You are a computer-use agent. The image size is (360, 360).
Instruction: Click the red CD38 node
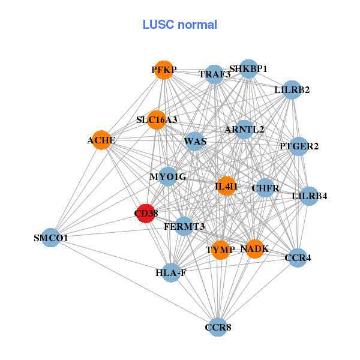pos(146,213)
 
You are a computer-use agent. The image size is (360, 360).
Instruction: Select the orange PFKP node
pos(163,70)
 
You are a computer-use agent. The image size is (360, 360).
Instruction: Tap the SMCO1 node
pos(51,238)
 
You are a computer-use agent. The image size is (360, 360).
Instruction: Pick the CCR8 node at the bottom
pos(218,327)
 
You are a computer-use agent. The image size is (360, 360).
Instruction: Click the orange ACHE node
pos(101,140)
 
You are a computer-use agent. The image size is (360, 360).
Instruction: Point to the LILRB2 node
pos(292,90)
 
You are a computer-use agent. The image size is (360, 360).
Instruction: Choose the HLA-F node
pos(171,273)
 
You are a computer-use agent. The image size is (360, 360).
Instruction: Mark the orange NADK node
pos(255,248)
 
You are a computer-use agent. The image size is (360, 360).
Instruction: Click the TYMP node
pos(221,250)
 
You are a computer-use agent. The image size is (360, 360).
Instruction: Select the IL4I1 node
pos(226,187)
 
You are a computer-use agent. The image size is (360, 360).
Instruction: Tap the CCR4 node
pos(298,258)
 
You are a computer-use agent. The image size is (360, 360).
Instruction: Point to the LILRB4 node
pos(309,196)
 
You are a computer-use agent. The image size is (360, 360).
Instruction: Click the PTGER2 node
pos(299,146)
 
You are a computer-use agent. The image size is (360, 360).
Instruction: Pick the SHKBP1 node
pos(248,68)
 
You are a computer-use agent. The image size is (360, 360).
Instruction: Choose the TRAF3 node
pos(214,74)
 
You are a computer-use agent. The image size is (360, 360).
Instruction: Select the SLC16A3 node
pos(157,120)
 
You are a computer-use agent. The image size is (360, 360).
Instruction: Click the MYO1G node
pos(168,176)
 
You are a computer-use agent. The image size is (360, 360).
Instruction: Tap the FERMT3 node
pos(184,226)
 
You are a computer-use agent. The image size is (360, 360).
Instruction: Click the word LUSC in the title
pos(158,25)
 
